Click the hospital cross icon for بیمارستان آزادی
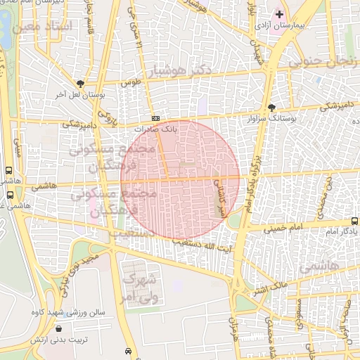coord(279,14)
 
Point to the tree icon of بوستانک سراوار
coord(272,108)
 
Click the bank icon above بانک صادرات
coord(155,118)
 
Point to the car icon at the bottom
coord(127,350)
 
